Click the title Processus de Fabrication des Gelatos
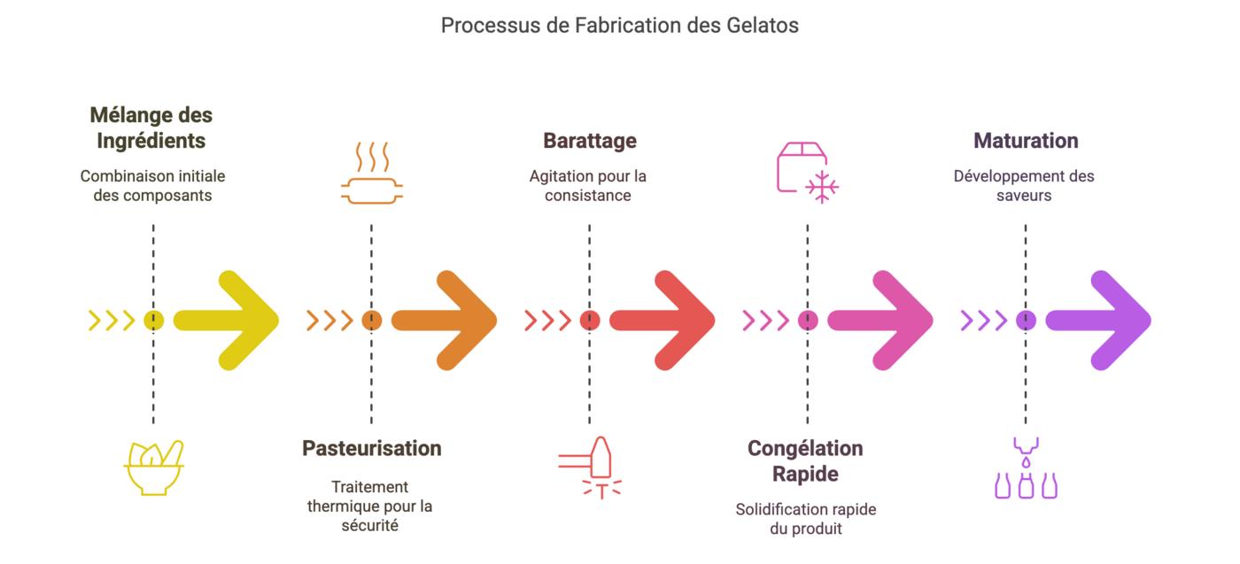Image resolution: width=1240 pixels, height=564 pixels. click(619, 26)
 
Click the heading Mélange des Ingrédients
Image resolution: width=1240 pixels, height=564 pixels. click(151, 127)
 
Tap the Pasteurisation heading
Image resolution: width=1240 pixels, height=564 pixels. click(371, 448)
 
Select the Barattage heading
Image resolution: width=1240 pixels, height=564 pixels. click(590, 141)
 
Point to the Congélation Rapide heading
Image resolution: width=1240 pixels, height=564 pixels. click(805, 461)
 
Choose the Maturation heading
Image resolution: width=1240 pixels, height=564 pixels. click(1026, 141)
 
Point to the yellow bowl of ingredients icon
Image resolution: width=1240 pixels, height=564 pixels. click(153, 468)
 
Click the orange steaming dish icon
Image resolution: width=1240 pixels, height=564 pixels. click(371, 173)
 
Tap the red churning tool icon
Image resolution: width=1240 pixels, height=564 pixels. click(590, 467)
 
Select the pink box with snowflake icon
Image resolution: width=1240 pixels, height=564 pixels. click(808, 173)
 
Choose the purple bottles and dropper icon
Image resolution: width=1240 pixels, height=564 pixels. click(1026, 467)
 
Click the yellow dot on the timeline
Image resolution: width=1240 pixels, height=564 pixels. click(153, 321)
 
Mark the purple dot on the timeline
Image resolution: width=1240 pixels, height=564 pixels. click(1026, 321)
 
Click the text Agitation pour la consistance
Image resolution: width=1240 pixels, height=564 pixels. click(588, 186)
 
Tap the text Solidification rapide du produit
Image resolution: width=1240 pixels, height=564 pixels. click(805, 519)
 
